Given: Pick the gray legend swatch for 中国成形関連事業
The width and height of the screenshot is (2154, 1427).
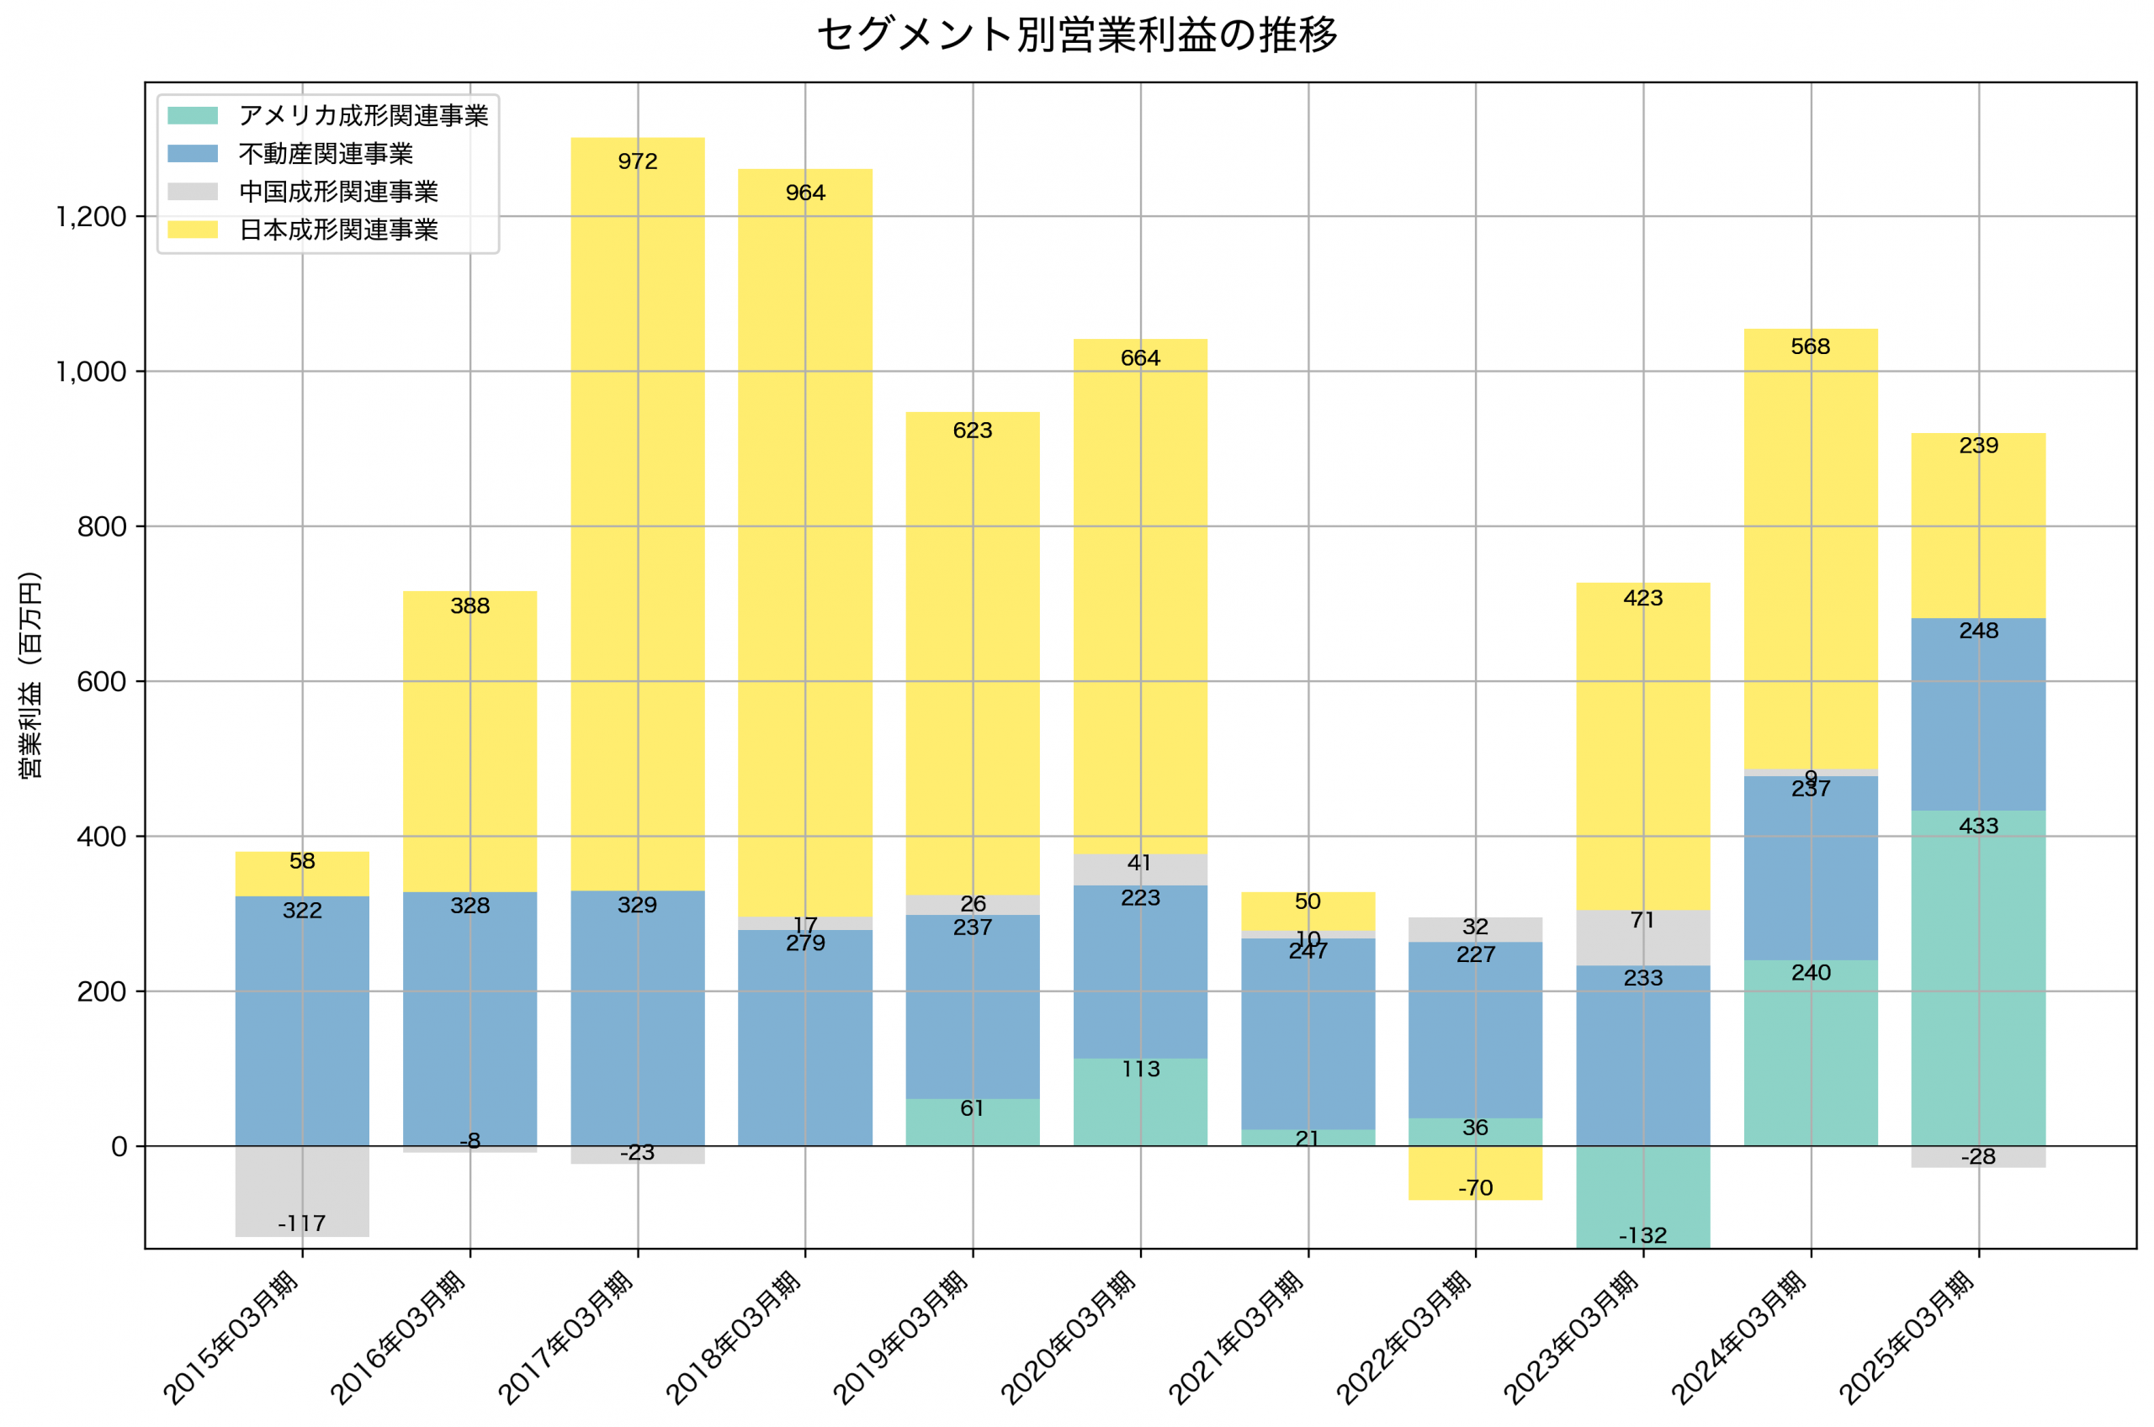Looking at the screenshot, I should pos(192,191).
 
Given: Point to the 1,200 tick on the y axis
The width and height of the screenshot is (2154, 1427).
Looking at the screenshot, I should pos(91,217).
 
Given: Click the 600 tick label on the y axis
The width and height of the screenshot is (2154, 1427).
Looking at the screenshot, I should pos(101,682).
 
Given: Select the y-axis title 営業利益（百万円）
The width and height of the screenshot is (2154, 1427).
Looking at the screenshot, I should pos(30,674).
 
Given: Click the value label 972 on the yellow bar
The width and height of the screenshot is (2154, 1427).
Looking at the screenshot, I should pos(637,162).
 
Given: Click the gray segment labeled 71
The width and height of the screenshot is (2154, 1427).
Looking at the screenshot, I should pos(1642,938).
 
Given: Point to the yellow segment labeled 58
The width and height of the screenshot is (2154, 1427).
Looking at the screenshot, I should pos(302,874).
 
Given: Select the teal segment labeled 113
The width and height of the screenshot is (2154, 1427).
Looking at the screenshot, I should pos(1140,1102).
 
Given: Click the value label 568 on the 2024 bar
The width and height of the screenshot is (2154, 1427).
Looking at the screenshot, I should pos(1810,346).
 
